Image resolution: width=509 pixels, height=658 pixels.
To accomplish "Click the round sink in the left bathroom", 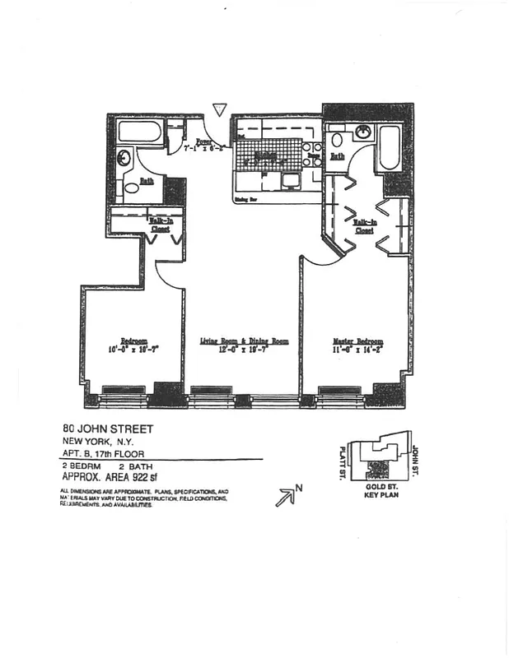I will click(x=124, y=157).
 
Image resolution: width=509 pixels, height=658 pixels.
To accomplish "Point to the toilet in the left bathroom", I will click(x=132, y=188).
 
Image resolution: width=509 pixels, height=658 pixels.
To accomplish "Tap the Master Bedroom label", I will click(x=357, y=341).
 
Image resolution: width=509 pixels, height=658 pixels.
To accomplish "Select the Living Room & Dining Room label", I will click(x=245, y=341).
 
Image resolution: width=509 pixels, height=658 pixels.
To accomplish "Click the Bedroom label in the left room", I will click(x=133, y=341).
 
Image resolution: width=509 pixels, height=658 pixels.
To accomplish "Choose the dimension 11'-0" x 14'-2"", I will click(x=357, y=350).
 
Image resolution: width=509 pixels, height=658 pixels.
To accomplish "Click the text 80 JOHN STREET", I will click(x=108, y=429).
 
